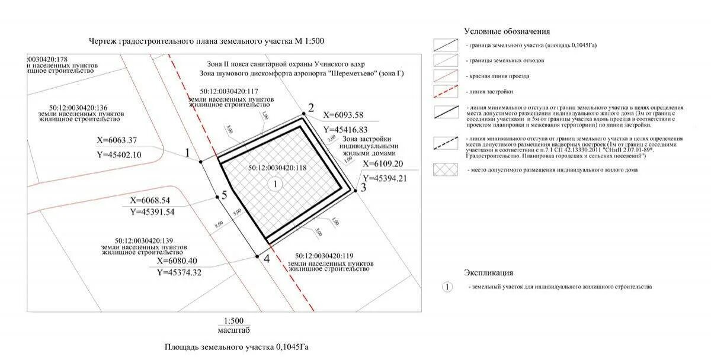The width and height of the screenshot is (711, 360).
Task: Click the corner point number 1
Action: coord(201,160)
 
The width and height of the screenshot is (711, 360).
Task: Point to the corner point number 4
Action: coord(257,256)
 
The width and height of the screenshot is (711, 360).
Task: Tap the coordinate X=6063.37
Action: coord(117,140)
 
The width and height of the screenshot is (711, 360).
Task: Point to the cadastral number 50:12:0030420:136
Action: coord(79,107)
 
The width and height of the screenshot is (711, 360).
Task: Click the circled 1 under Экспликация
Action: coord(447,287)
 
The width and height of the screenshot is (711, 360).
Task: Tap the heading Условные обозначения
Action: coord(507,31)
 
